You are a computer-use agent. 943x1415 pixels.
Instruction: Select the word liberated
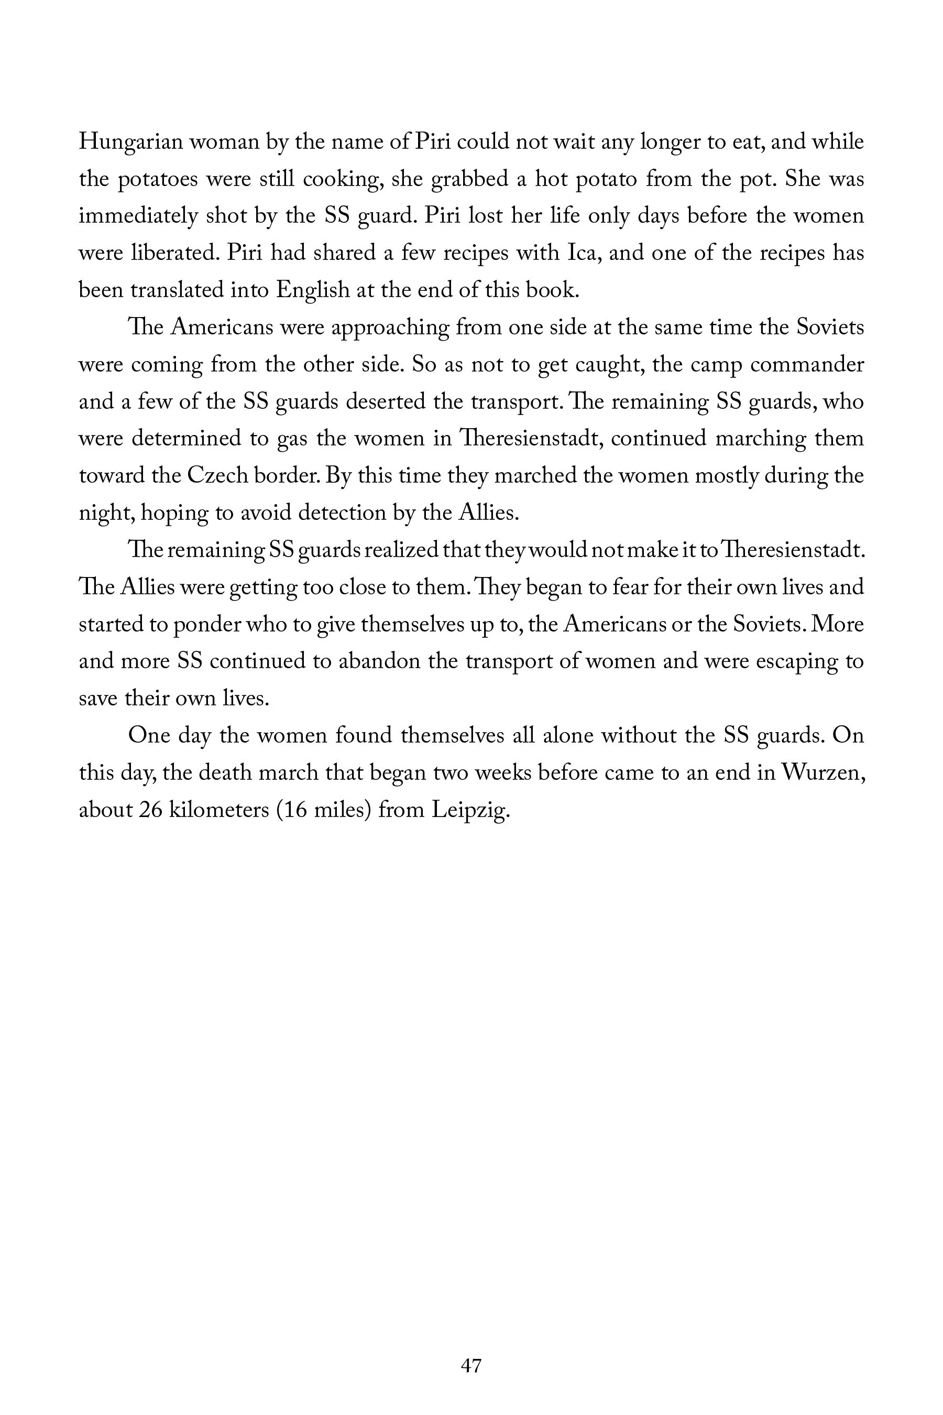click(x=174, y=253)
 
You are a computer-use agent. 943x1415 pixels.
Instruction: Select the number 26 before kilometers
click(x=151, y=810)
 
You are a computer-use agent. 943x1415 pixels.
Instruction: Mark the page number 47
click(x=471, y=1366)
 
